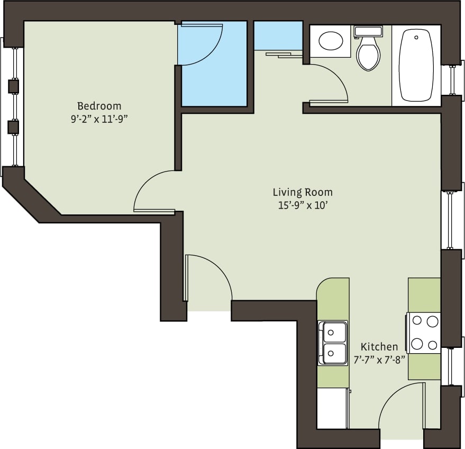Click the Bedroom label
coord(99,106)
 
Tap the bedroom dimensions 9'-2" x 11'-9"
coord(99,119)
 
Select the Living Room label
coord(303,192)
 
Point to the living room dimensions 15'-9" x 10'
coord(303,205)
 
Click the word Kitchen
coord(379,347)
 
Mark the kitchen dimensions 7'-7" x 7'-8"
coord(379,360)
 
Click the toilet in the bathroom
coord(369,51)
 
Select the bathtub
coord(416,65)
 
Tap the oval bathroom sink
coord(331,41)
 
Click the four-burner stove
coord(424,333)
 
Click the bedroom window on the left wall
coord(12,106)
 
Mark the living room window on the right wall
coord(449,220)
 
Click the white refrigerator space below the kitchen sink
coord(332,408)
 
